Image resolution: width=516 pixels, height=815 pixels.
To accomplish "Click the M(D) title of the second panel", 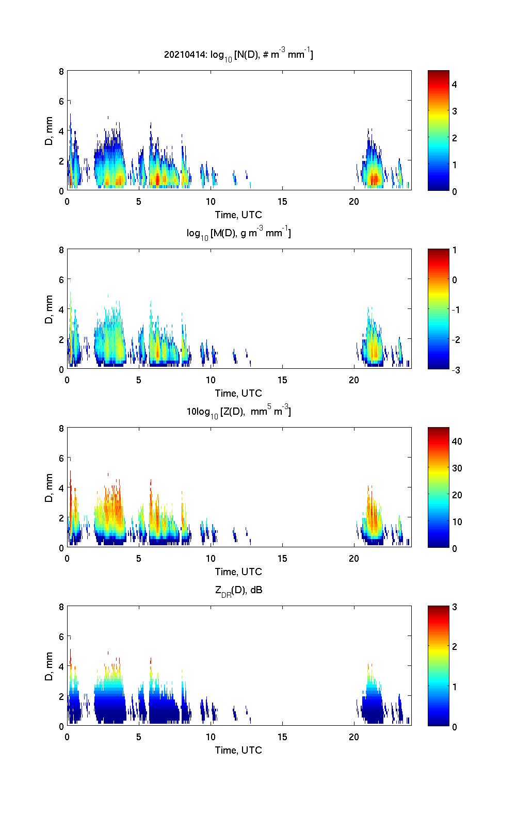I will point(238,233).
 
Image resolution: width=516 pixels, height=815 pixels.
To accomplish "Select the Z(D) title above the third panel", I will point(238,412).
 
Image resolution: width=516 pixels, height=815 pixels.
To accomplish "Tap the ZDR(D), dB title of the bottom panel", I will point(238,590).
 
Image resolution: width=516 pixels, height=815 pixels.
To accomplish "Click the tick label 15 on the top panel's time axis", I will point(282,202).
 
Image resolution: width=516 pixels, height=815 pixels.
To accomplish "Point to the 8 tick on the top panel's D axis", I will point(61,71).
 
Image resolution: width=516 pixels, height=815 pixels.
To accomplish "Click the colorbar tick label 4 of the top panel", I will point(455,84).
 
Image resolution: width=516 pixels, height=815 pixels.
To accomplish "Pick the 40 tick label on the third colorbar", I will point(457,442).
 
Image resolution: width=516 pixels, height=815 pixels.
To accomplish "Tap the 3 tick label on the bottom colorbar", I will point(455,607).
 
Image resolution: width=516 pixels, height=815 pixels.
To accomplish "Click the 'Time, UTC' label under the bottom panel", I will point(238,750).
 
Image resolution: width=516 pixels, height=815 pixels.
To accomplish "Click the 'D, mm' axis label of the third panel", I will point(50,487).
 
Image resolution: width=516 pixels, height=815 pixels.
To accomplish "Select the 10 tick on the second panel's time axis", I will point(211,380).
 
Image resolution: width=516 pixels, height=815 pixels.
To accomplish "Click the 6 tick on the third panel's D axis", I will point(61,458).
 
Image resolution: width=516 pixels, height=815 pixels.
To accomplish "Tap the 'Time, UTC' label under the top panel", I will point(238,215).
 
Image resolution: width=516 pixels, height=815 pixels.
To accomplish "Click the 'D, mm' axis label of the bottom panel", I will point(50,666).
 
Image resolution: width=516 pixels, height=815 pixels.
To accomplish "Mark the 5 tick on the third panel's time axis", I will point(139,559).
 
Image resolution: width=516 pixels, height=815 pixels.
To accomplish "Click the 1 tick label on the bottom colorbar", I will point(455,687).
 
